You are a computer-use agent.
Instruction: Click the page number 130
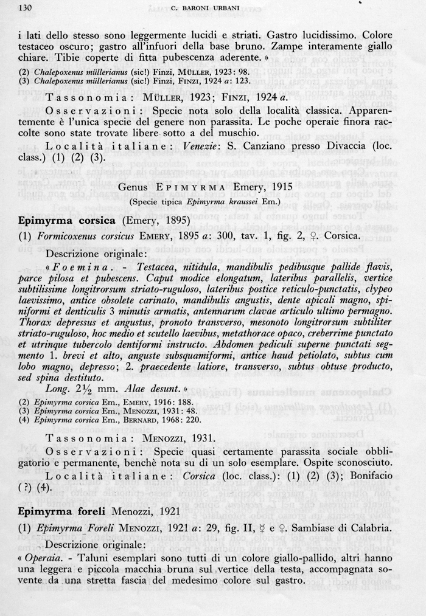click(x=26, y=8)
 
